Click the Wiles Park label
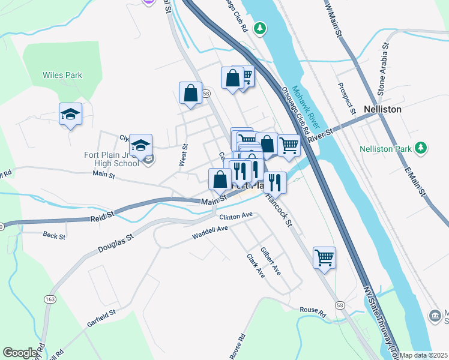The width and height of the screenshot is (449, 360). click(62, 76)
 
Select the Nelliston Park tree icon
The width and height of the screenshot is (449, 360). click(421, 147)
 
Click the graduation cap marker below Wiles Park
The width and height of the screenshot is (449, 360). click(70, 114)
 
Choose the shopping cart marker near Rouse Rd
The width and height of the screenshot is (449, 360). click(324, 257)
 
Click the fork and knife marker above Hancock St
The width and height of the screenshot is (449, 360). click(275, 181)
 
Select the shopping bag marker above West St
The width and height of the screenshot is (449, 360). click(190, 94)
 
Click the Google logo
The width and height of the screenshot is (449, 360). click(20, 353)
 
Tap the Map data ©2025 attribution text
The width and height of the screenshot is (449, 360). click(423, 355)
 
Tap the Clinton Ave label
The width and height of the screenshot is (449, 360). click(235, 216)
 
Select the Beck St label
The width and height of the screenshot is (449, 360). click(54, 236)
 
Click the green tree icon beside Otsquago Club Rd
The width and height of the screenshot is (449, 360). click(259, 28)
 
